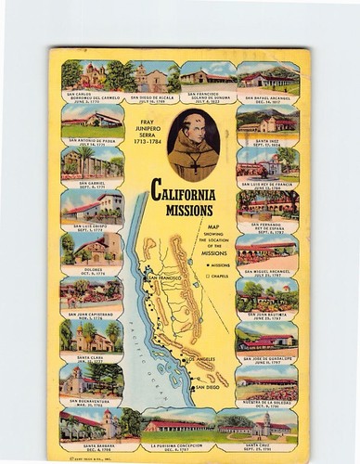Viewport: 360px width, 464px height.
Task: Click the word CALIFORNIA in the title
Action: pyautogui.click(x=182, y=195)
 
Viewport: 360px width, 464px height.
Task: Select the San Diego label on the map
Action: pyautogui.click(x=211, y=386)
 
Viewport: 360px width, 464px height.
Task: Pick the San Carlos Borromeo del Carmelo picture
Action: pyautogui.click(x=90, y=75)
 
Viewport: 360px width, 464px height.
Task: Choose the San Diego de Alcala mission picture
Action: pyautogui.click(x=151, y=76)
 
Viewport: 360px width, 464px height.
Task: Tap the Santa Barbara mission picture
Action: pyautogui.click(x=89, y=424)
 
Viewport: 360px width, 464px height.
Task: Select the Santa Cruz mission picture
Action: pyautogui.click(x=266, y=424)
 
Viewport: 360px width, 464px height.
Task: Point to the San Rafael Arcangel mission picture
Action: pyautogui.click(x=267, y=75)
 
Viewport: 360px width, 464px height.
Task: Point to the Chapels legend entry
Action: pyautogui.click(x=216, y=276)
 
